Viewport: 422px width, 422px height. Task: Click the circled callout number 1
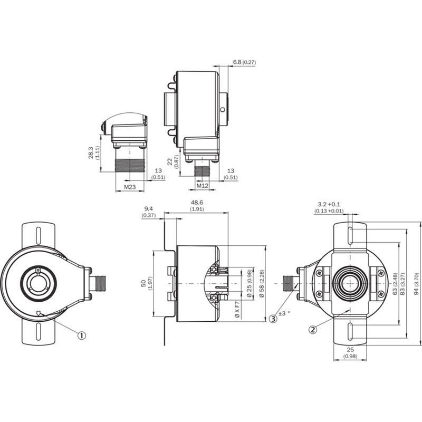pyautogui.click(x=82, y=335)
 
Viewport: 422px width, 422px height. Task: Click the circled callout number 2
pyautogui.click(x=313, y=329)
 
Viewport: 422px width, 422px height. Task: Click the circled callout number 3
pyautogui.click(x=273, y=319)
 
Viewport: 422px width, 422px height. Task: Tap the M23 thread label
pyautogui.click(x=130, y=187)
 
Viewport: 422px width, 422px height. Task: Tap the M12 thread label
pyautogui.click(x=203, y=186)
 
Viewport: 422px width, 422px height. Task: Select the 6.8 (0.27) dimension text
pyautogui.click(x=244, y=62)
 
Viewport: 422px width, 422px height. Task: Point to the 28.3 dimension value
pyautogui.click(x=90, y=152)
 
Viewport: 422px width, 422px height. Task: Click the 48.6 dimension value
pyautogui.click(x=197, y=203)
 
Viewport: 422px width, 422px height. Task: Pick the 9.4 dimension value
pyautogui.click(x=149, y=208)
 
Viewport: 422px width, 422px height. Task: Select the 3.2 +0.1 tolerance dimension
pyautogui.click(x=329, y=204)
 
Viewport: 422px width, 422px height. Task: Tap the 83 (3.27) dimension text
pyautogui.click(x=402, y=284)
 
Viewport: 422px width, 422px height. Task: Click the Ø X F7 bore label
pyautogui.click(x=237, y=310)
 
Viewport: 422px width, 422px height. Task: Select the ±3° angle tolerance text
pyautogui.click(x=284, y=313)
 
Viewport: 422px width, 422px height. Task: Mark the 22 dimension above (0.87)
pyautogui.click(x=170, y=162)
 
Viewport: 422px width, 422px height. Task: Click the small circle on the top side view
pyautogui.click(x=222, y=110)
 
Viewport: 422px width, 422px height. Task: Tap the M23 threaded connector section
pyautogui.click(x=130, y=166)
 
